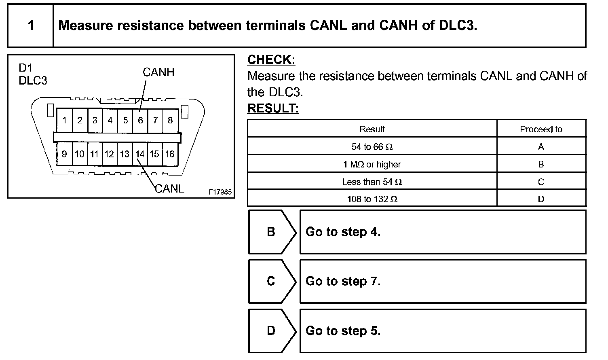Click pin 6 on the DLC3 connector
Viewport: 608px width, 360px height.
pos(140,120)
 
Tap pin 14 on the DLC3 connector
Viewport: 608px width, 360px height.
pos(140,154)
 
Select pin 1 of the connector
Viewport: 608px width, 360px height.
pos(65,120)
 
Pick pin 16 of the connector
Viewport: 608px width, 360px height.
pos(170,154)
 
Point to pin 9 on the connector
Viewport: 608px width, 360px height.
pos(64,154)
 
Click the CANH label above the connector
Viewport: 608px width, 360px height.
pos(158,72)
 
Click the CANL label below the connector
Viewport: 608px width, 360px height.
pos(170,188)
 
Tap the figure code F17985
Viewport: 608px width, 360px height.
pos(220,192)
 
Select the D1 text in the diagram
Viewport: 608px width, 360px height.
pos(25,68)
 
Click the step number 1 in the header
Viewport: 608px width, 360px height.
pos(31,26)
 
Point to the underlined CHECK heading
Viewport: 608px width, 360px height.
pos(271,60)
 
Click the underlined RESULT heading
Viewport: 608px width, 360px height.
pos(273,108)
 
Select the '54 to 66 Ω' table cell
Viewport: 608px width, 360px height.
pos(372,147)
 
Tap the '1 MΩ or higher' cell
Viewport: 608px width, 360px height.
pos(372,164)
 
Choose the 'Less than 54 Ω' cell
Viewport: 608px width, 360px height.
pos(372,182)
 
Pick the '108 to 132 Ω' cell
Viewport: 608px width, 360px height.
pos(372,199)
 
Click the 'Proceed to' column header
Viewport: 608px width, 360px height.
pos(541,129)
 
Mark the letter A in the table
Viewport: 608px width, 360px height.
pos(541,147)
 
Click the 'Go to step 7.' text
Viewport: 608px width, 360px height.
pos(343,281)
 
